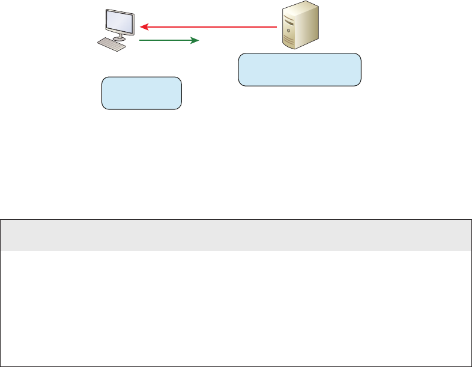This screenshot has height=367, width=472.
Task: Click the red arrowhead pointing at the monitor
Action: click(x=144, y=26)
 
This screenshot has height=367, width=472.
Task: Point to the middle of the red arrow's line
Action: click(x=210, y=26)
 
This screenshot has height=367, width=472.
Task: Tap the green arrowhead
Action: click(x=195, y=40)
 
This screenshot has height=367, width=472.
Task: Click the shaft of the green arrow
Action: click(x=165, y=40)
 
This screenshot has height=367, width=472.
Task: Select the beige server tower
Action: click(x=299, y=26)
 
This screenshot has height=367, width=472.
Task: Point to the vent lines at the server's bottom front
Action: click(x=291, y=41)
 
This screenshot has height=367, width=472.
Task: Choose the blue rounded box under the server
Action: click(x=300, y=70)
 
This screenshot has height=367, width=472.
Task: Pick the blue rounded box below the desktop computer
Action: click(x=141, y=93)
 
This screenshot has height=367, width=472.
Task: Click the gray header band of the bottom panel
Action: click(x=236, y=235)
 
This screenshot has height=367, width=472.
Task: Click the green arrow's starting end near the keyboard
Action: click(x=141, y=40)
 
